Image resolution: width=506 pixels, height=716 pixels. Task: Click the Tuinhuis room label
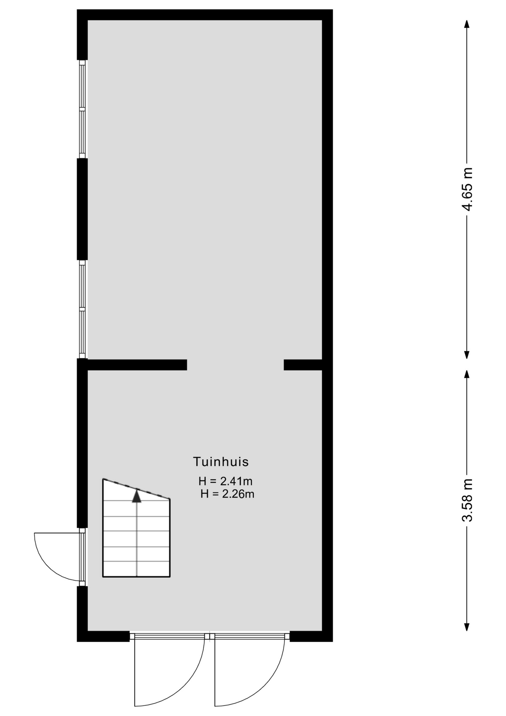pos(221,462)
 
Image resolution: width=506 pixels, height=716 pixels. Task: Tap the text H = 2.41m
pos(225,481)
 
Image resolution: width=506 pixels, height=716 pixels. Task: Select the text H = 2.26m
pos(227,494)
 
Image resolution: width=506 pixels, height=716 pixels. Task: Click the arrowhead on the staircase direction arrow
pos(137,496)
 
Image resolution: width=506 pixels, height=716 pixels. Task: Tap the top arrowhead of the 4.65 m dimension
pos(467,24)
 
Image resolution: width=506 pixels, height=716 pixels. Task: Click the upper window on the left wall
pos(82,109)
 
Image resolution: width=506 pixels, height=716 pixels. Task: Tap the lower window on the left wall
pos(82,309)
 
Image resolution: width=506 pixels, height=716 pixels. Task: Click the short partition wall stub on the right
pos(303,365)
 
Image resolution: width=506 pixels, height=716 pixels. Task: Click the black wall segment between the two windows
pos(82,209)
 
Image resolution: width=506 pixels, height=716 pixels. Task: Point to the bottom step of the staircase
pos(136,569)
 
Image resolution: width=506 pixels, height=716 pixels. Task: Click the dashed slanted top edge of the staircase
pos(136,489)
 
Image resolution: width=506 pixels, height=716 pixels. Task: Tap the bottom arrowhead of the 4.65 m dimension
pos(467,354)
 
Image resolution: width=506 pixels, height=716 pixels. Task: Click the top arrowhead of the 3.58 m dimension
pos(467,374)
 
